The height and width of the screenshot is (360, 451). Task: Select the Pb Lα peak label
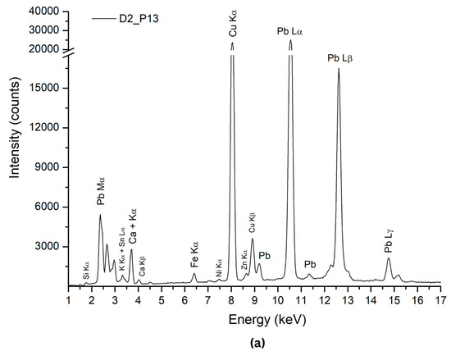291,32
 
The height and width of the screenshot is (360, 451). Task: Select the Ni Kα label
219,267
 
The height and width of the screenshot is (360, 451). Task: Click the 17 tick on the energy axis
440,301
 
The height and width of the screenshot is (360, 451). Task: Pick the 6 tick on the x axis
184,301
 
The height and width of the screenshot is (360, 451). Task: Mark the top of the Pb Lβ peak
339,69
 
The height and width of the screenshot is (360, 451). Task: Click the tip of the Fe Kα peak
194,274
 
